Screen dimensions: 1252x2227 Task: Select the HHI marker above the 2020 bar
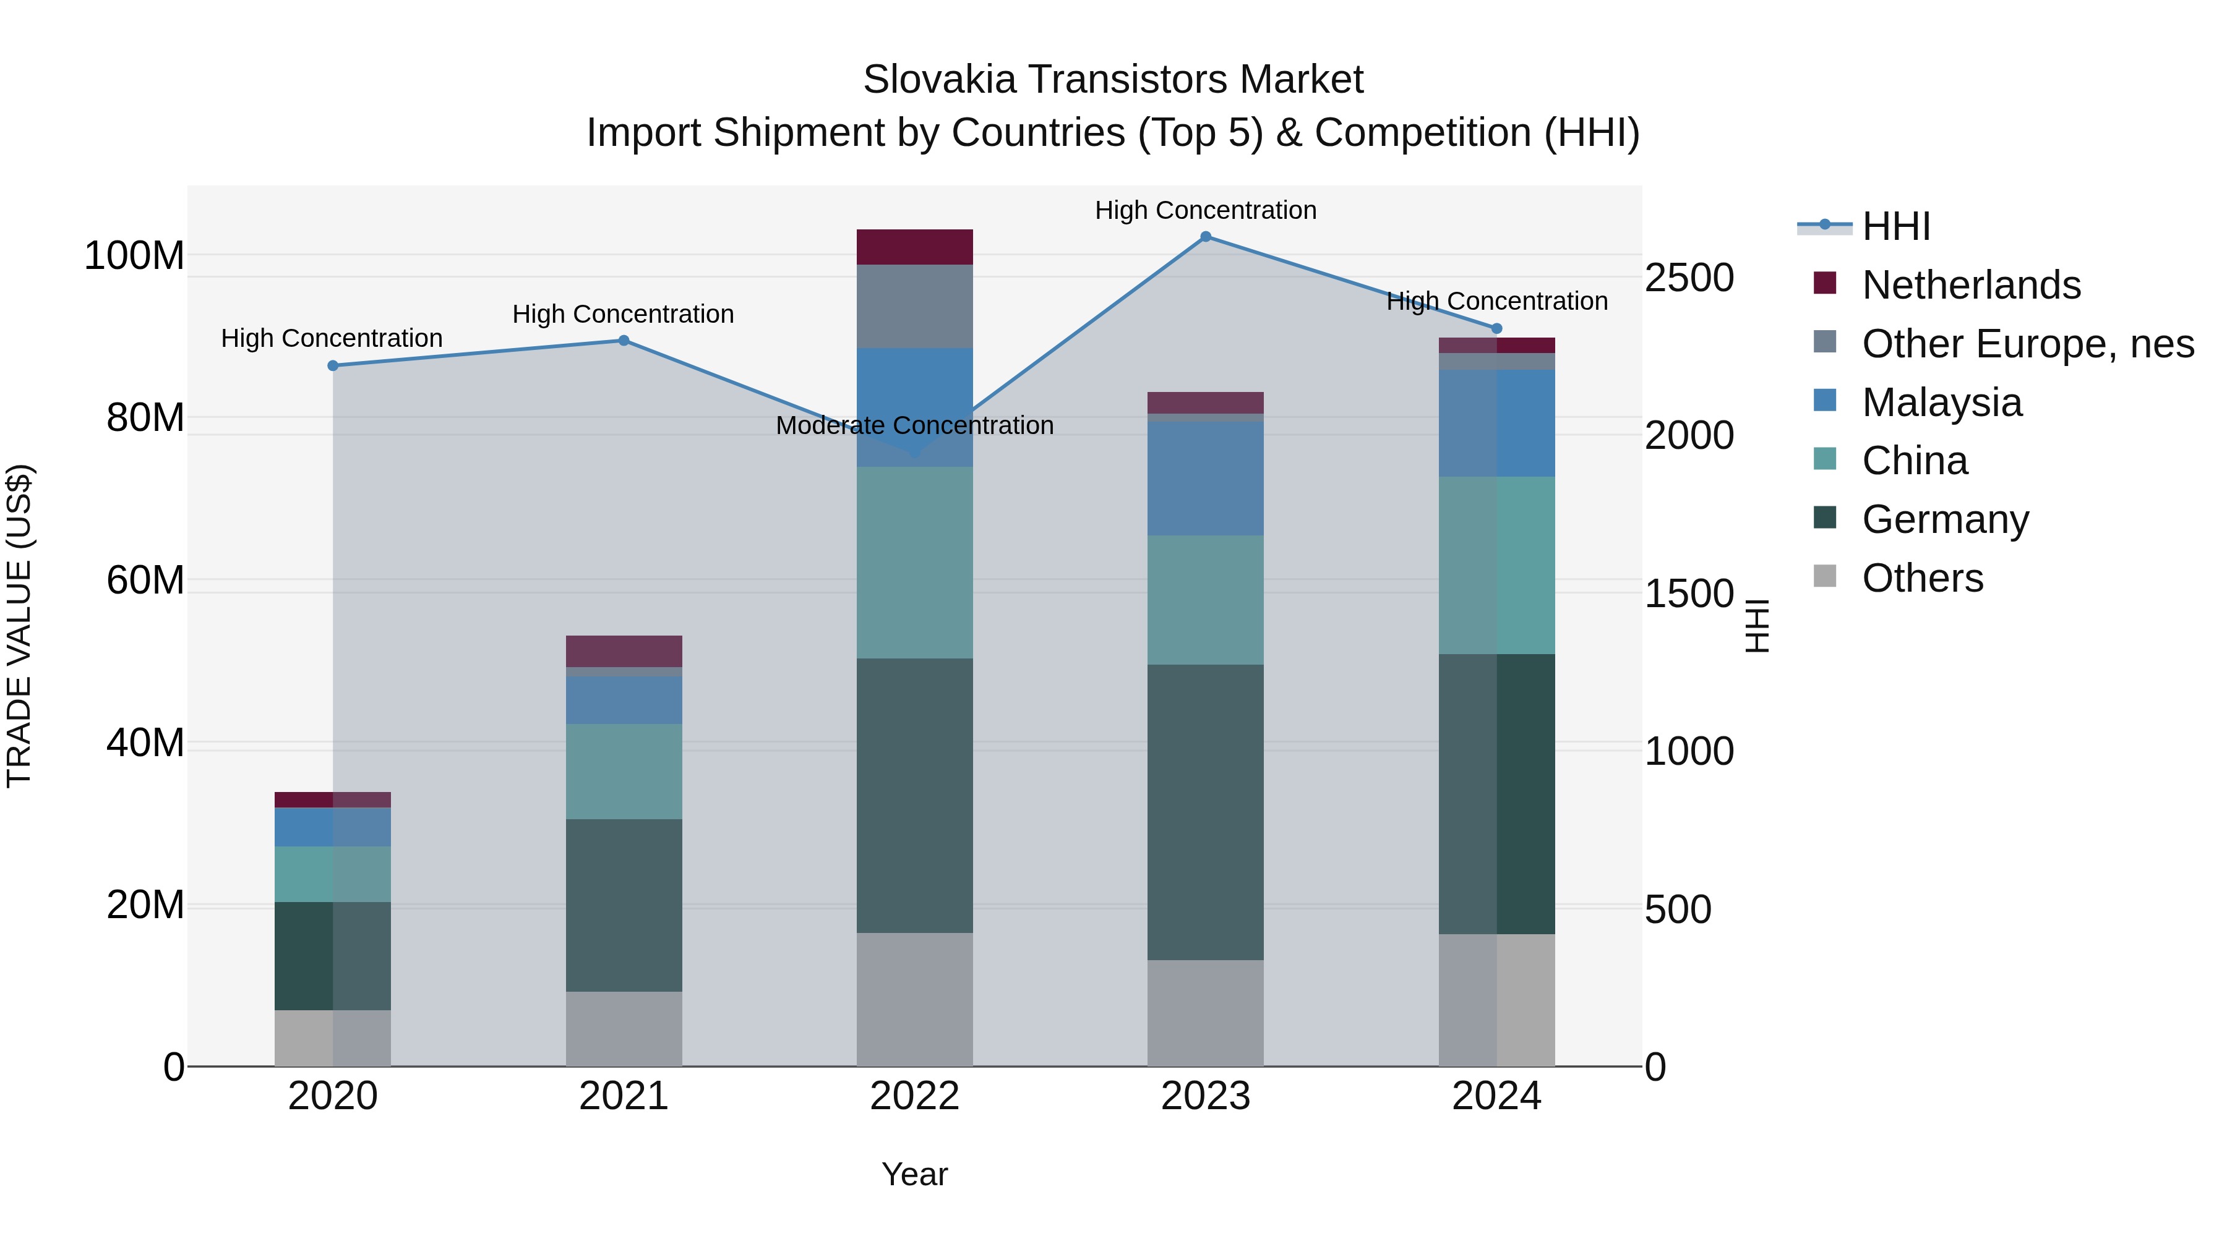pos(333,365)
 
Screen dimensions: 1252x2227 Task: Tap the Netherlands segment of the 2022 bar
pos(915,247)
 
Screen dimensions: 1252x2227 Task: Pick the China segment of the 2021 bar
pos(624,772)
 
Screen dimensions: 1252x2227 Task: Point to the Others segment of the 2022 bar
pos(915,1000)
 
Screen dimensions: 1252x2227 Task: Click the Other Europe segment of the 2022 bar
pos(915,307)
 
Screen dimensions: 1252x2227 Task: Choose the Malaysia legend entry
pos(1941,402)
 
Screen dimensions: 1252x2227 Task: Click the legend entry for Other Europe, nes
pos(2027,344)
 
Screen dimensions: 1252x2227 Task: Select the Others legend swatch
pos(1824,576)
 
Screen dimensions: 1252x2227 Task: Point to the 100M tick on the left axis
pos(134,257)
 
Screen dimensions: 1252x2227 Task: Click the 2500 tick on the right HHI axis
pos(1688,278)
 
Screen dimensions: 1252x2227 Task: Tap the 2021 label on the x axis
pos(624,1096)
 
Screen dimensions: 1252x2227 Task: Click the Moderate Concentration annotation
pos(915,425)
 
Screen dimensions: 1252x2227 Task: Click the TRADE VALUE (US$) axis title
pos(19,626)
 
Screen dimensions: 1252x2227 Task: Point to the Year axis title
pos(915,1174)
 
